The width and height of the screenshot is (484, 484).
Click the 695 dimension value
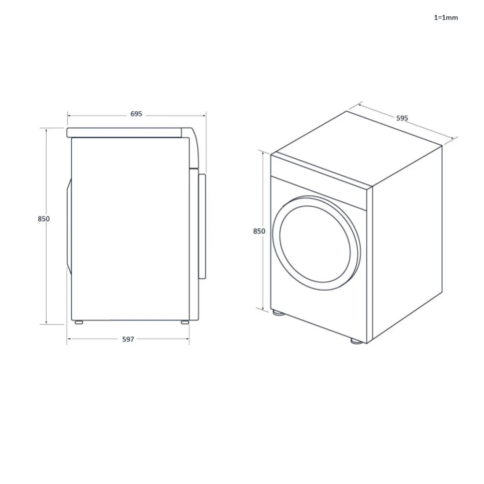[136, 114]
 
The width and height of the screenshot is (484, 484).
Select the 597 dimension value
[128, 339]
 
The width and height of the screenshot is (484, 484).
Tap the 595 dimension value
[402, 118]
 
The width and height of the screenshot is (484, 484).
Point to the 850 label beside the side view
[44, 219]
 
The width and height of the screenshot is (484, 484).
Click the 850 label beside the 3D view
[259, 231]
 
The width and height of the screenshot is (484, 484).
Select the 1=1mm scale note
[445, 18]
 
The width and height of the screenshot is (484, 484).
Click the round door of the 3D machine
[316, 243]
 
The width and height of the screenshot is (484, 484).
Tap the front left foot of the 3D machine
[278, 313]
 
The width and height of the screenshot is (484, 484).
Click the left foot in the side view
[77, 321]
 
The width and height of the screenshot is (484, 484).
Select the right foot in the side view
[185, 321]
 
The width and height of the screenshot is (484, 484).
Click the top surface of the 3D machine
[356, 145]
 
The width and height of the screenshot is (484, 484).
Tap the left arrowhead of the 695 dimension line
[69, 116]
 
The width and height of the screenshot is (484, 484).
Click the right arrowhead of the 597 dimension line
[188, 339]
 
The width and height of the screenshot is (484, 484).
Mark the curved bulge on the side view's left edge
[69, 226]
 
